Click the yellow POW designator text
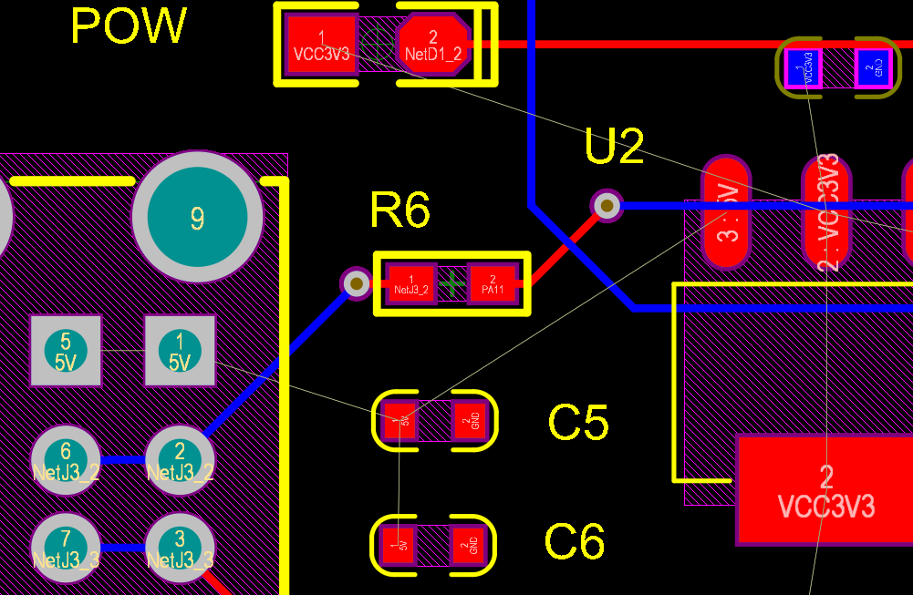129,26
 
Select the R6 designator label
399,210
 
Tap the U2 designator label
614,147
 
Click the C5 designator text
577,422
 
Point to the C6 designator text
575,542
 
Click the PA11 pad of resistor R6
493,283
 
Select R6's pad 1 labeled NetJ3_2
411,283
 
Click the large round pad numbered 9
197,217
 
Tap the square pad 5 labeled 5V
65,350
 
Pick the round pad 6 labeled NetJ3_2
65,460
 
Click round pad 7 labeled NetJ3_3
65,547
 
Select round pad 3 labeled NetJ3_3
180,547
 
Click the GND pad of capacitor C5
471,420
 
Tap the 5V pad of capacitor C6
399,546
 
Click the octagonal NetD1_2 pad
433,44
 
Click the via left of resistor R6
356,283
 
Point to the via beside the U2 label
607,205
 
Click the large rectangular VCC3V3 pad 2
824,490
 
